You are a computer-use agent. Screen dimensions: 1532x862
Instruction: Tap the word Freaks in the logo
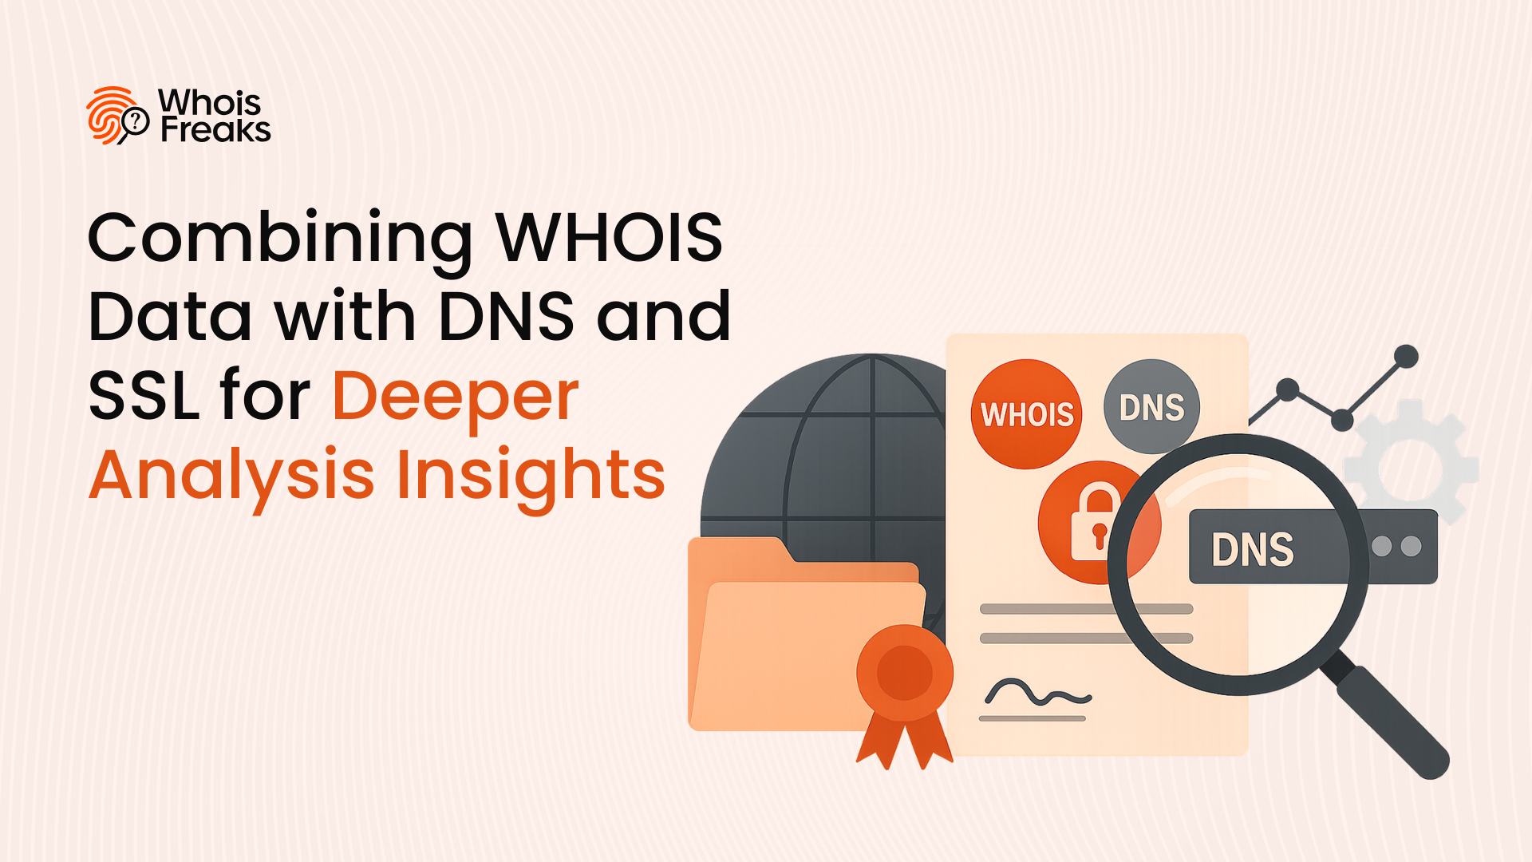pos(215,129)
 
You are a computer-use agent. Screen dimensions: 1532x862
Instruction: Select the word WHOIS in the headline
pos(609,237)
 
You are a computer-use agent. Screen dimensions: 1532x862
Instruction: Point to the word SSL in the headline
pos(144,396)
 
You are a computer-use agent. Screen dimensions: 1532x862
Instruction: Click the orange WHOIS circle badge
pos(1026,414)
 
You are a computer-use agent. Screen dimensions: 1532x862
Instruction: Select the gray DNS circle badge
pos(1151,407)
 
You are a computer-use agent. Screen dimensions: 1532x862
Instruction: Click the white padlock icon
pos(1096,522)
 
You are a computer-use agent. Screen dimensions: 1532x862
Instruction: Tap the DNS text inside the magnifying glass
pos(1253,550)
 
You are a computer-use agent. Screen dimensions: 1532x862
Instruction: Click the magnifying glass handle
pos(1385,715)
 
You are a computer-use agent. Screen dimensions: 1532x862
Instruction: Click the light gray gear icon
pos(1411,463)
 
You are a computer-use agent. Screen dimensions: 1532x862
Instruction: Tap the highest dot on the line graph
pos(1406,356)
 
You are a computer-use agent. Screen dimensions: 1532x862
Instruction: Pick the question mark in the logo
pos(136,121)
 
